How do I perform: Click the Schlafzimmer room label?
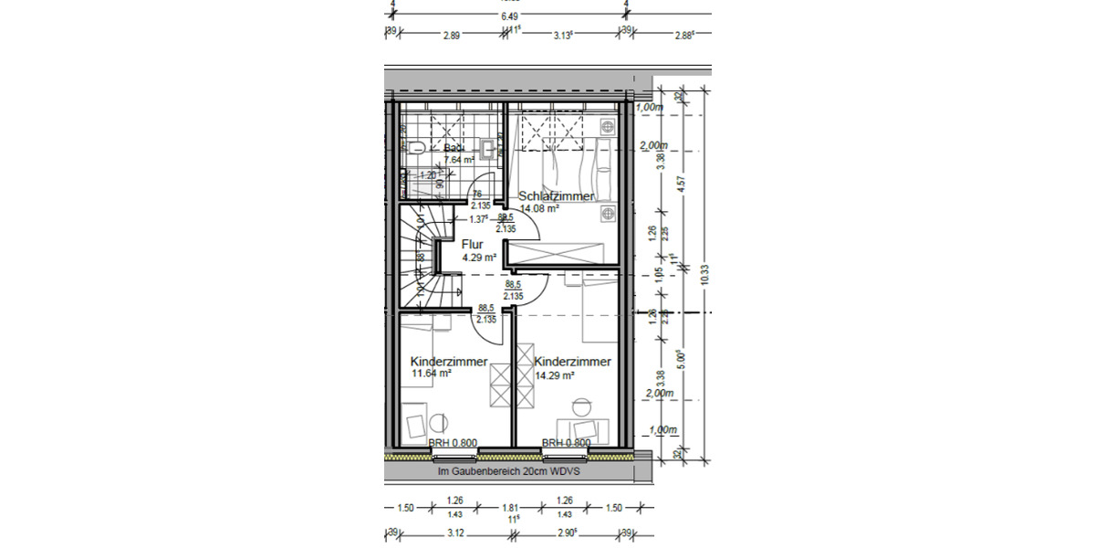click(557, 196)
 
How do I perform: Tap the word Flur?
click(472, 245)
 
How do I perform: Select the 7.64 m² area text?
click(459, 160)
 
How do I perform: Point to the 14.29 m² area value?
click(554, 375)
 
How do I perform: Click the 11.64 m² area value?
click(432, 374)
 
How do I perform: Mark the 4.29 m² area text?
click(479, 258)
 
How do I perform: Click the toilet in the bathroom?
click(412, 146)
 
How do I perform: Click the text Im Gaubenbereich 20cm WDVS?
click(509, 472)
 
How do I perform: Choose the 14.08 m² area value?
click(539, 208)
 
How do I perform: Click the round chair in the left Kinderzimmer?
click(437, 422)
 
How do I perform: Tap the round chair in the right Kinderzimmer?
click(581, 406)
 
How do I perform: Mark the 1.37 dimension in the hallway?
click(478, 219)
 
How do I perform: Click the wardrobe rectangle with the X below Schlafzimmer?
click(558, 253)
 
